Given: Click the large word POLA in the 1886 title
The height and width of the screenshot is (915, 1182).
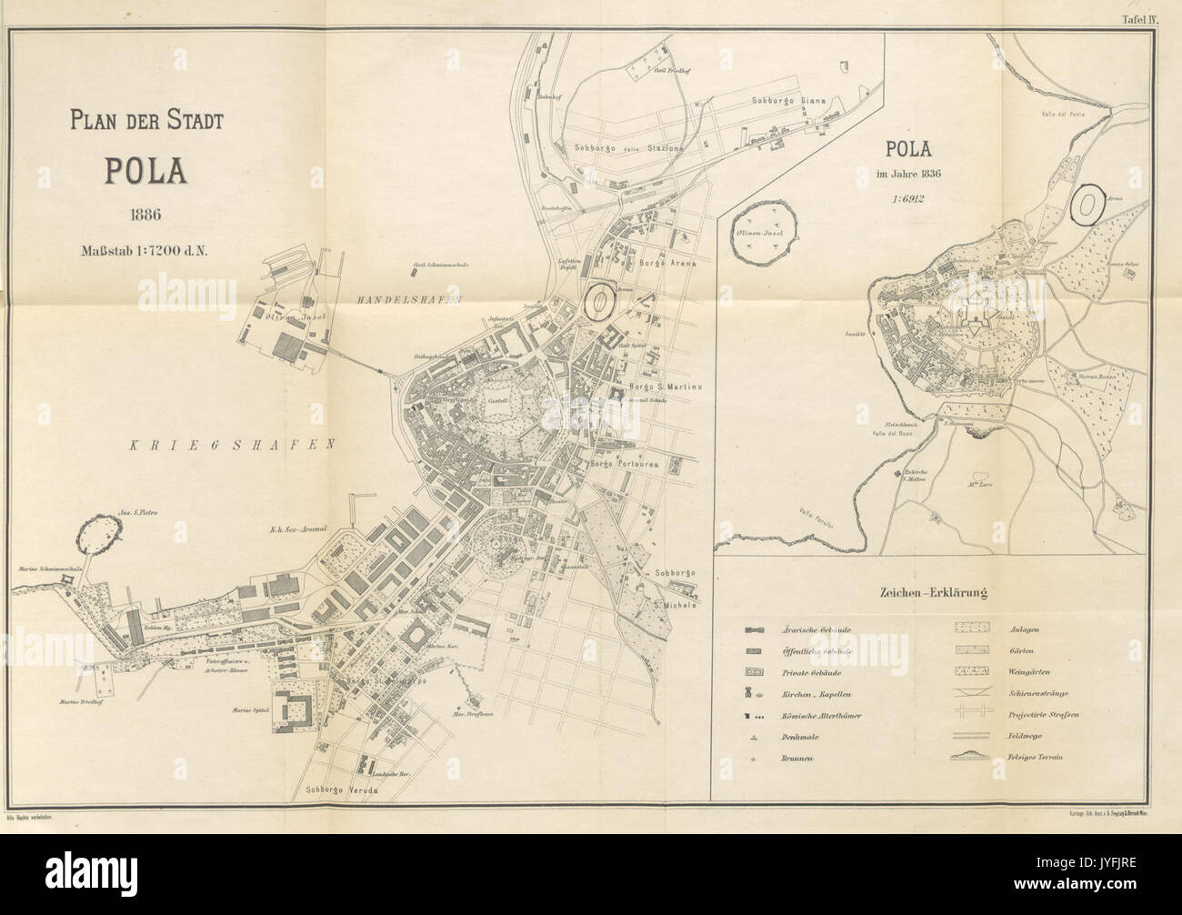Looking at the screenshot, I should coord(145,171).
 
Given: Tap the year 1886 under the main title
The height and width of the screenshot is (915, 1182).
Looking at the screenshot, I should coord(145,216).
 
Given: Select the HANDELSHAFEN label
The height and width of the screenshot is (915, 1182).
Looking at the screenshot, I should coord(410,300).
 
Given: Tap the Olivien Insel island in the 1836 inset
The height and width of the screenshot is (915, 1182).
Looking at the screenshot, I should coord(766,234).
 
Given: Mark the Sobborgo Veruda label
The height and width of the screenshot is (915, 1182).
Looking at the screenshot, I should coord(341,789).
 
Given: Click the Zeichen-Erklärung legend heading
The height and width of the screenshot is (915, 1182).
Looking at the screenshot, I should coord(933,594).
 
